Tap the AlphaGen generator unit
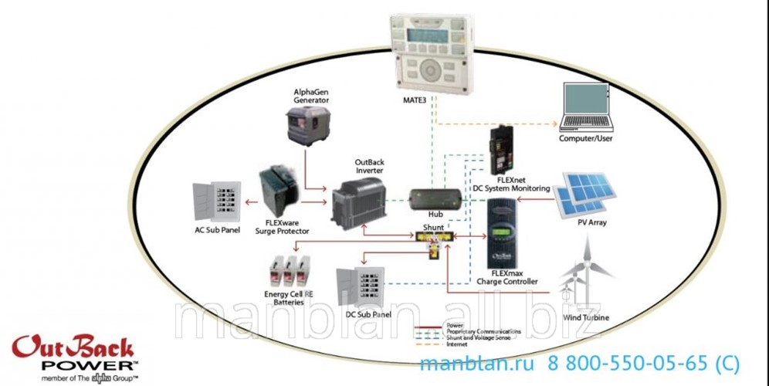pyautogui.click(x=309, y=125)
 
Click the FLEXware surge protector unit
pyautogui.click(x=279, y=193)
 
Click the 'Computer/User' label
pyautogui.click(x=585, y=137)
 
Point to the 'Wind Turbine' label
pyautogui.click(x=584, y=317)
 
